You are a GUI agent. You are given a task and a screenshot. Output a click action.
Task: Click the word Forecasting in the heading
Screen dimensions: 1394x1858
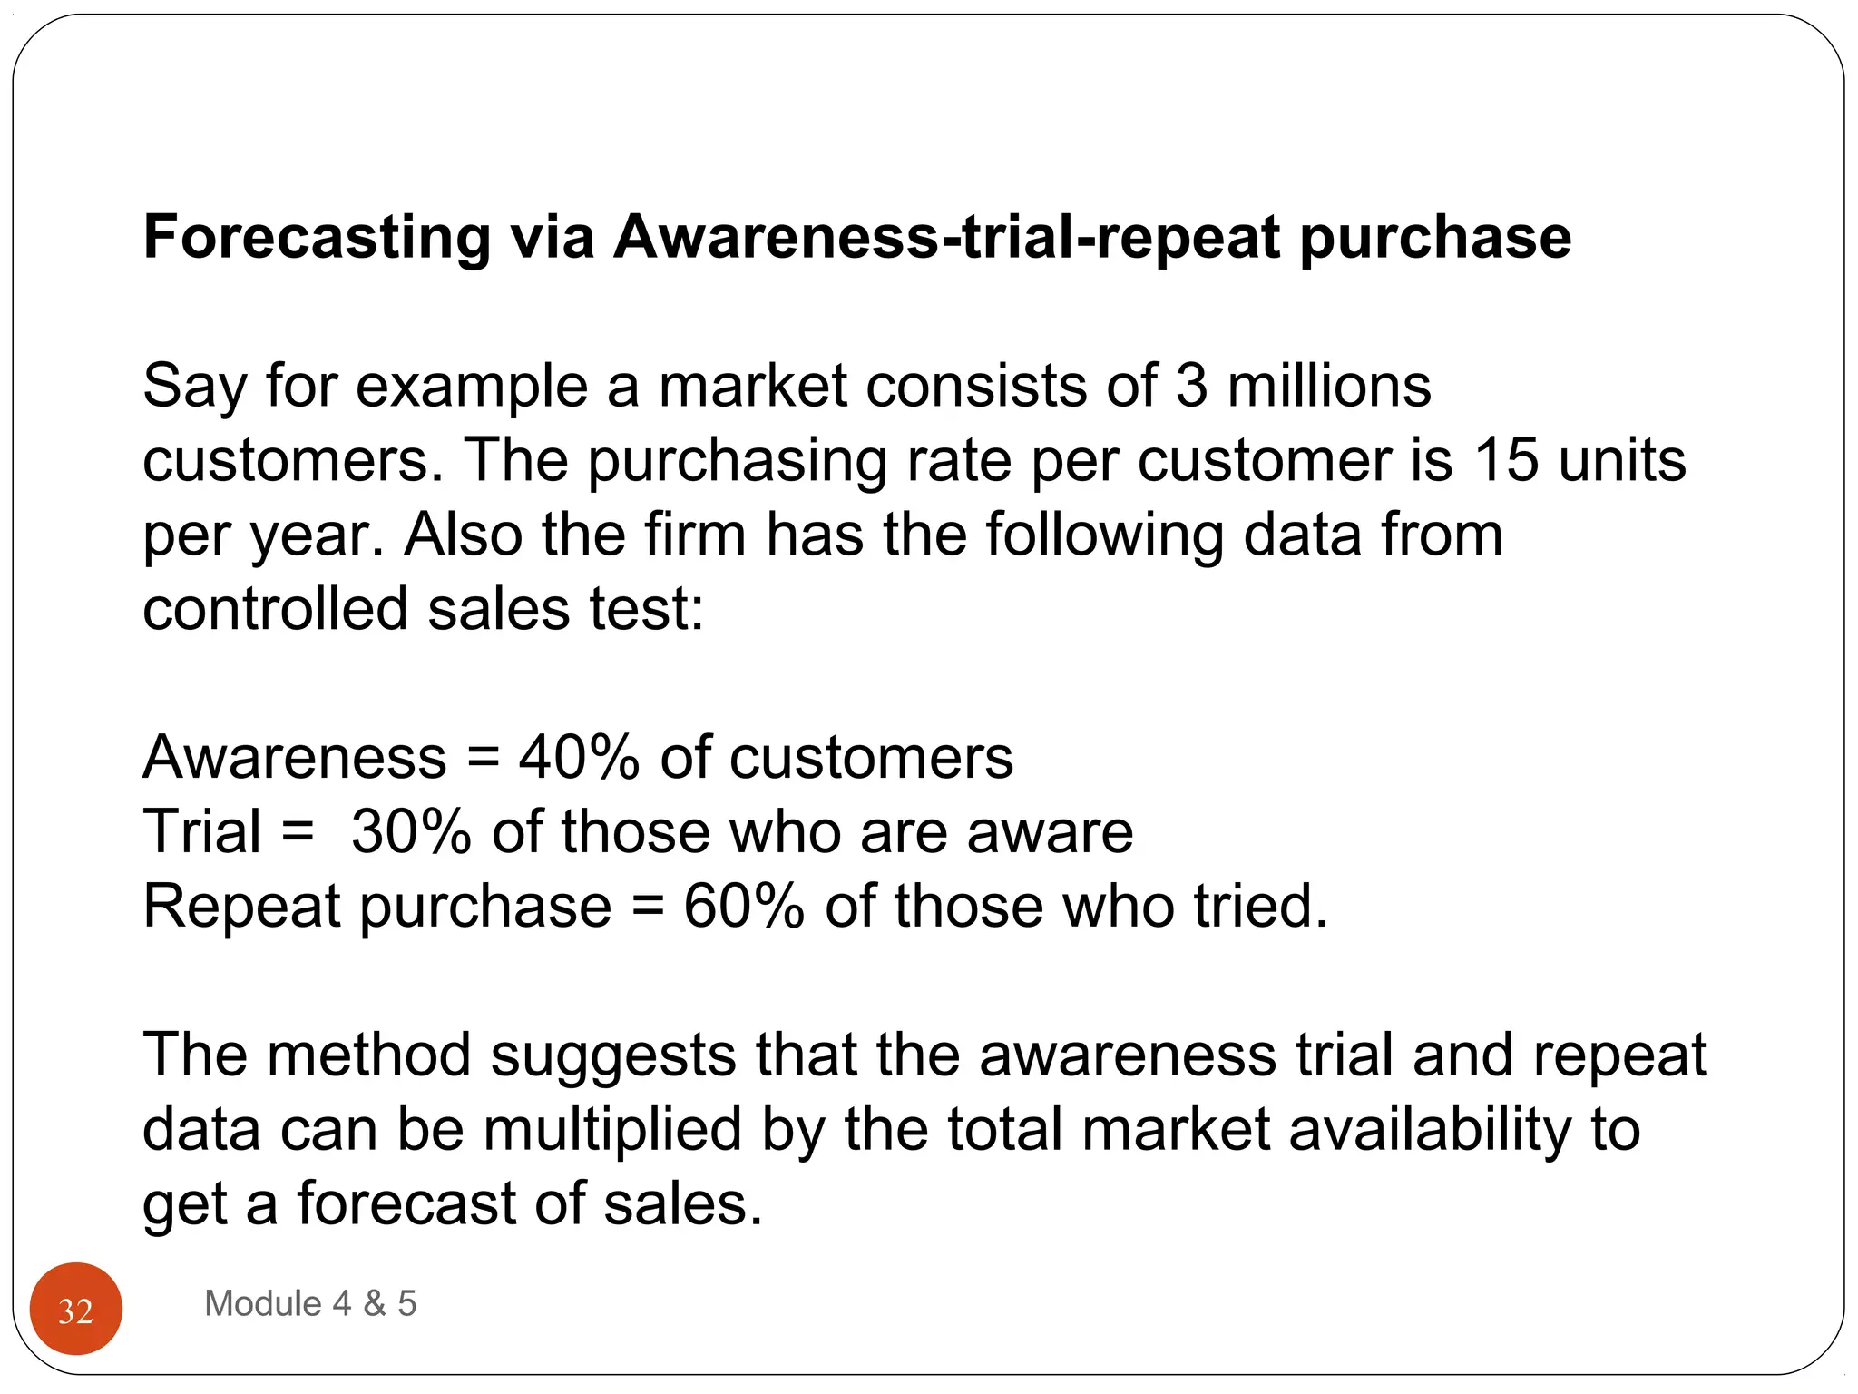[x=317, y=238]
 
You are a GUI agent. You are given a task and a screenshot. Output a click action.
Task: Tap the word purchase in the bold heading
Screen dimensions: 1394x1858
[x=1435, y=238]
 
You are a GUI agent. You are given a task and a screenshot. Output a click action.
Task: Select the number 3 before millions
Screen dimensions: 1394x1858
[x=1191, y=386]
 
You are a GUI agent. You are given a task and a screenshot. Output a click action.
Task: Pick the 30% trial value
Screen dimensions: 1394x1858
[x=411, y=831]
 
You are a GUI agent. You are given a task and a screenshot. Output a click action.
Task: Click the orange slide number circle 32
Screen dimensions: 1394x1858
[x=76, y=1309]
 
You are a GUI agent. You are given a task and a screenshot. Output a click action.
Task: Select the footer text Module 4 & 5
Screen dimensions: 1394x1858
[x=310, y=1303]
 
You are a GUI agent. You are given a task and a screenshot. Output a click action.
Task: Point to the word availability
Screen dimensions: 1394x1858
[x=1429, y=1130]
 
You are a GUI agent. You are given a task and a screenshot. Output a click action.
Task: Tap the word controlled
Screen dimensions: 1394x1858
[x=275, y=609]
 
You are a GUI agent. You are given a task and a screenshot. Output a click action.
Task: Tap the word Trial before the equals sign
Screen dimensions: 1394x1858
[x=202, y=831]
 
